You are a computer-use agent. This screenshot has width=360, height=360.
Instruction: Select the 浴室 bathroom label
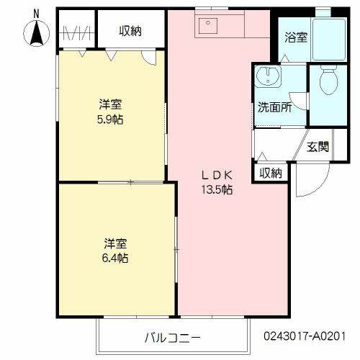coord(296,37)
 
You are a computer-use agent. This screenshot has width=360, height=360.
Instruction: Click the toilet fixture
coord(328,85)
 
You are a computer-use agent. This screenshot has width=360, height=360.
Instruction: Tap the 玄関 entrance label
coord(318,147)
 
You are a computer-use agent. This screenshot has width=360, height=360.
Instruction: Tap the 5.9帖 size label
coord(111,119)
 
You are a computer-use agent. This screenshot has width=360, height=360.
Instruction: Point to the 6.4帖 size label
coord(114,258)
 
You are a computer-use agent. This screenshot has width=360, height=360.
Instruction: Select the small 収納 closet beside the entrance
coord(271,173)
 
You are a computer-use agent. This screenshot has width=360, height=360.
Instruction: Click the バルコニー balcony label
coord(172,336)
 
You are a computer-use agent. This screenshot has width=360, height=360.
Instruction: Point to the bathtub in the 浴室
coord(333,36)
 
